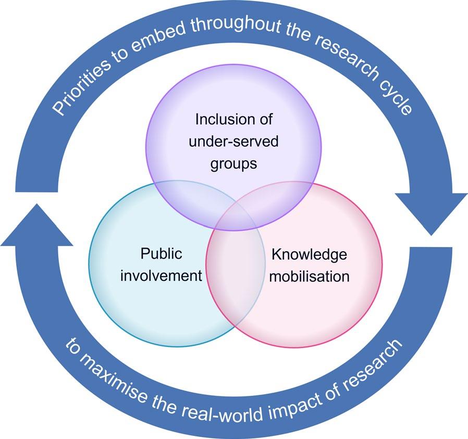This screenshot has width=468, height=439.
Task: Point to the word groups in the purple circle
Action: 234,163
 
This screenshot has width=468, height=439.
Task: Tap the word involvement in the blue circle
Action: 161,275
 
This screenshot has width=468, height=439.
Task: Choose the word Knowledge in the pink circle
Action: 309,254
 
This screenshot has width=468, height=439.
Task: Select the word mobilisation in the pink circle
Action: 310,276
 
